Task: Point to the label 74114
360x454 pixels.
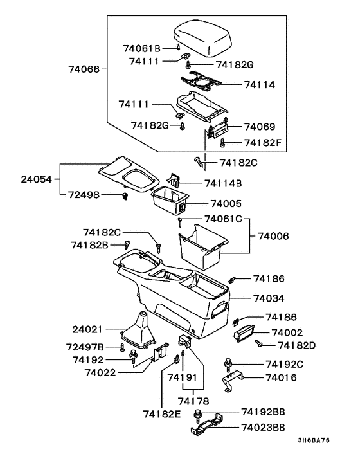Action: click(259, 84)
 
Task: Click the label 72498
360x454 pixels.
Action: click(85, 194)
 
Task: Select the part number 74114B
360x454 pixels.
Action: click(224, 183)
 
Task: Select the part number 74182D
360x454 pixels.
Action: click(293, 345)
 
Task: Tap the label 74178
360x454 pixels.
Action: click(189, 401)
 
